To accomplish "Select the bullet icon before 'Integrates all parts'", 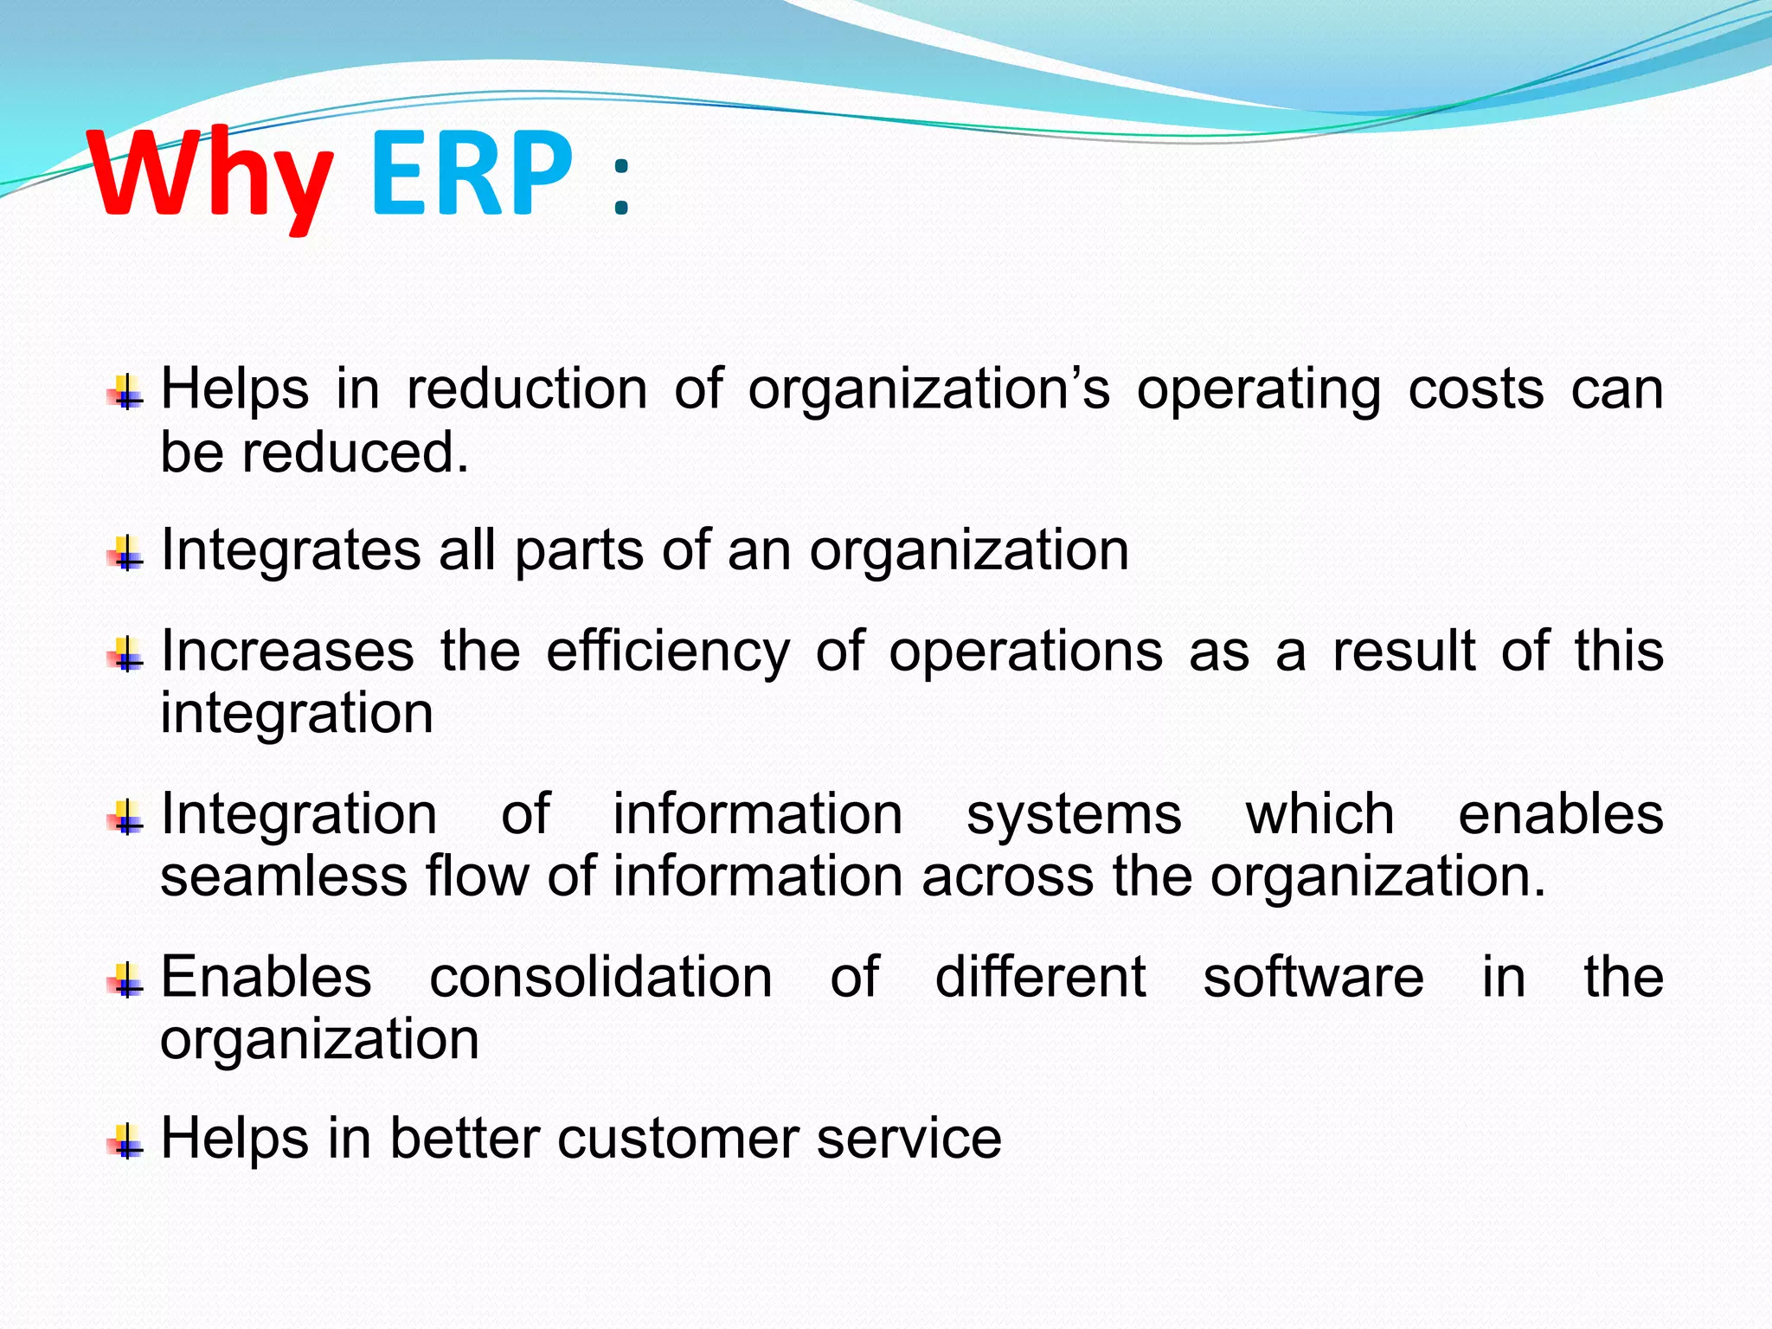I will pos(126,552).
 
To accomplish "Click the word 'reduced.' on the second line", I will pos(355,453).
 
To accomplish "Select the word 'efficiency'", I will pos(668,651).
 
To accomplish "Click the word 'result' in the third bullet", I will pos(1403,651).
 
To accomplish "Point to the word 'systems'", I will pos(1073,814).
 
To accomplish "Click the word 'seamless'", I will pos(284,876).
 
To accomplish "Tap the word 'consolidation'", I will pos(600,977).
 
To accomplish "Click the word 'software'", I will pos(1313,977).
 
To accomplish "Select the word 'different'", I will pos(1040,977).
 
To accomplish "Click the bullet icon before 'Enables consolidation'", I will pos(126,979).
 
